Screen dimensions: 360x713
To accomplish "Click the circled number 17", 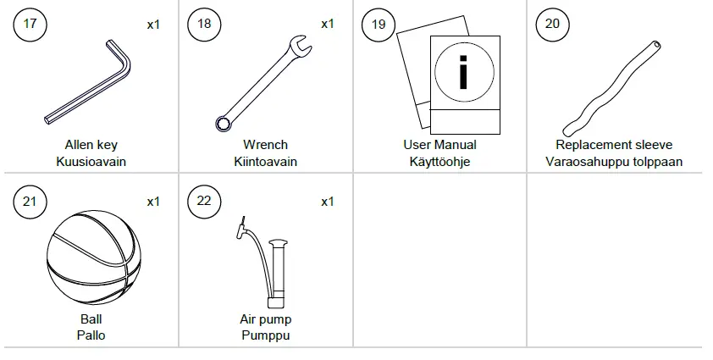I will (x=30, y=24).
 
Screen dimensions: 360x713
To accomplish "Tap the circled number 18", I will (x=204, y=24).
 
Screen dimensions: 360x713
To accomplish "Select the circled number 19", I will (x=379, y=24).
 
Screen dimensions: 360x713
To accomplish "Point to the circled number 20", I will (x=552, y=24).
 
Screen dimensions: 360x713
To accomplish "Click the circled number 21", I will (x=30, y=202).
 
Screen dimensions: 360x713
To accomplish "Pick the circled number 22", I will (x=204, y=202).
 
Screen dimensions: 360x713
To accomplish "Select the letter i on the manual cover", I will (x=462, y=73).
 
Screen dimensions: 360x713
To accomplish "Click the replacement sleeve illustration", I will (x=614, y=85).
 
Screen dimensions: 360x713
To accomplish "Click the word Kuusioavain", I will (x=91, y=162).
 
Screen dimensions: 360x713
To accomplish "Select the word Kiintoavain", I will (x=265, y=162).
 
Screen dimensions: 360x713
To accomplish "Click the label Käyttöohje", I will (x=439, y=162).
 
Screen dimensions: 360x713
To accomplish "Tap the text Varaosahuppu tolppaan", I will (x=614, y=162).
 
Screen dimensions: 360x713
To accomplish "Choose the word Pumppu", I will (x=265, y=335).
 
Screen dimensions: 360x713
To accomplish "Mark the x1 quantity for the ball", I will (x=153, y=202).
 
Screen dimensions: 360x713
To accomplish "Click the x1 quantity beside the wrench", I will (x=328, y=24).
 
